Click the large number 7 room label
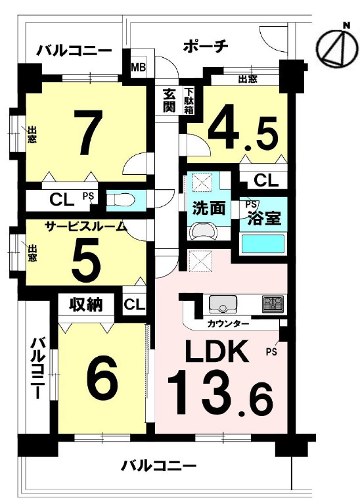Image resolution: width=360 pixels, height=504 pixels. point(88,131)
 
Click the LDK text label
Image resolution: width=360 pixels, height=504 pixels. point(218,351)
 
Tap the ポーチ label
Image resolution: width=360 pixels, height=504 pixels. point(206,46)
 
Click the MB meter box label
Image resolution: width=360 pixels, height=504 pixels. point(138,68)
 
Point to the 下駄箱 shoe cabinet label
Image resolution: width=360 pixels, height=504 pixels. point(189,101)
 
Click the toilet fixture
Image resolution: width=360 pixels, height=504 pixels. point(120,200)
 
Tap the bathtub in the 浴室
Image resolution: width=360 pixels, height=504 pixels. point(263,244)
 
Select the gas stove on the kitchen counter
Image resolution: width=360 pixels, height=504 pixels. point(273,304)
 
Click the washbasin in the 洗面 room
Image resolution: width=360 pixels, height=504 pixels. point(202,231)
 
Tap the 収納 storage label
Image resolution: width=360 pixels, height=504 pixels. point(86,304)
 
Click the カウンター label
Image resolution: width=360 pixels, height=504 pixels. point(228,324)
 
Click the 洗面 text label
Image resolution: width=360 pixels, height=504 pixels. point(208,208)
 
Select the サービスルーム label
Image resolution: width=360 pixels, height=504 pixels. point(85,227)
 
